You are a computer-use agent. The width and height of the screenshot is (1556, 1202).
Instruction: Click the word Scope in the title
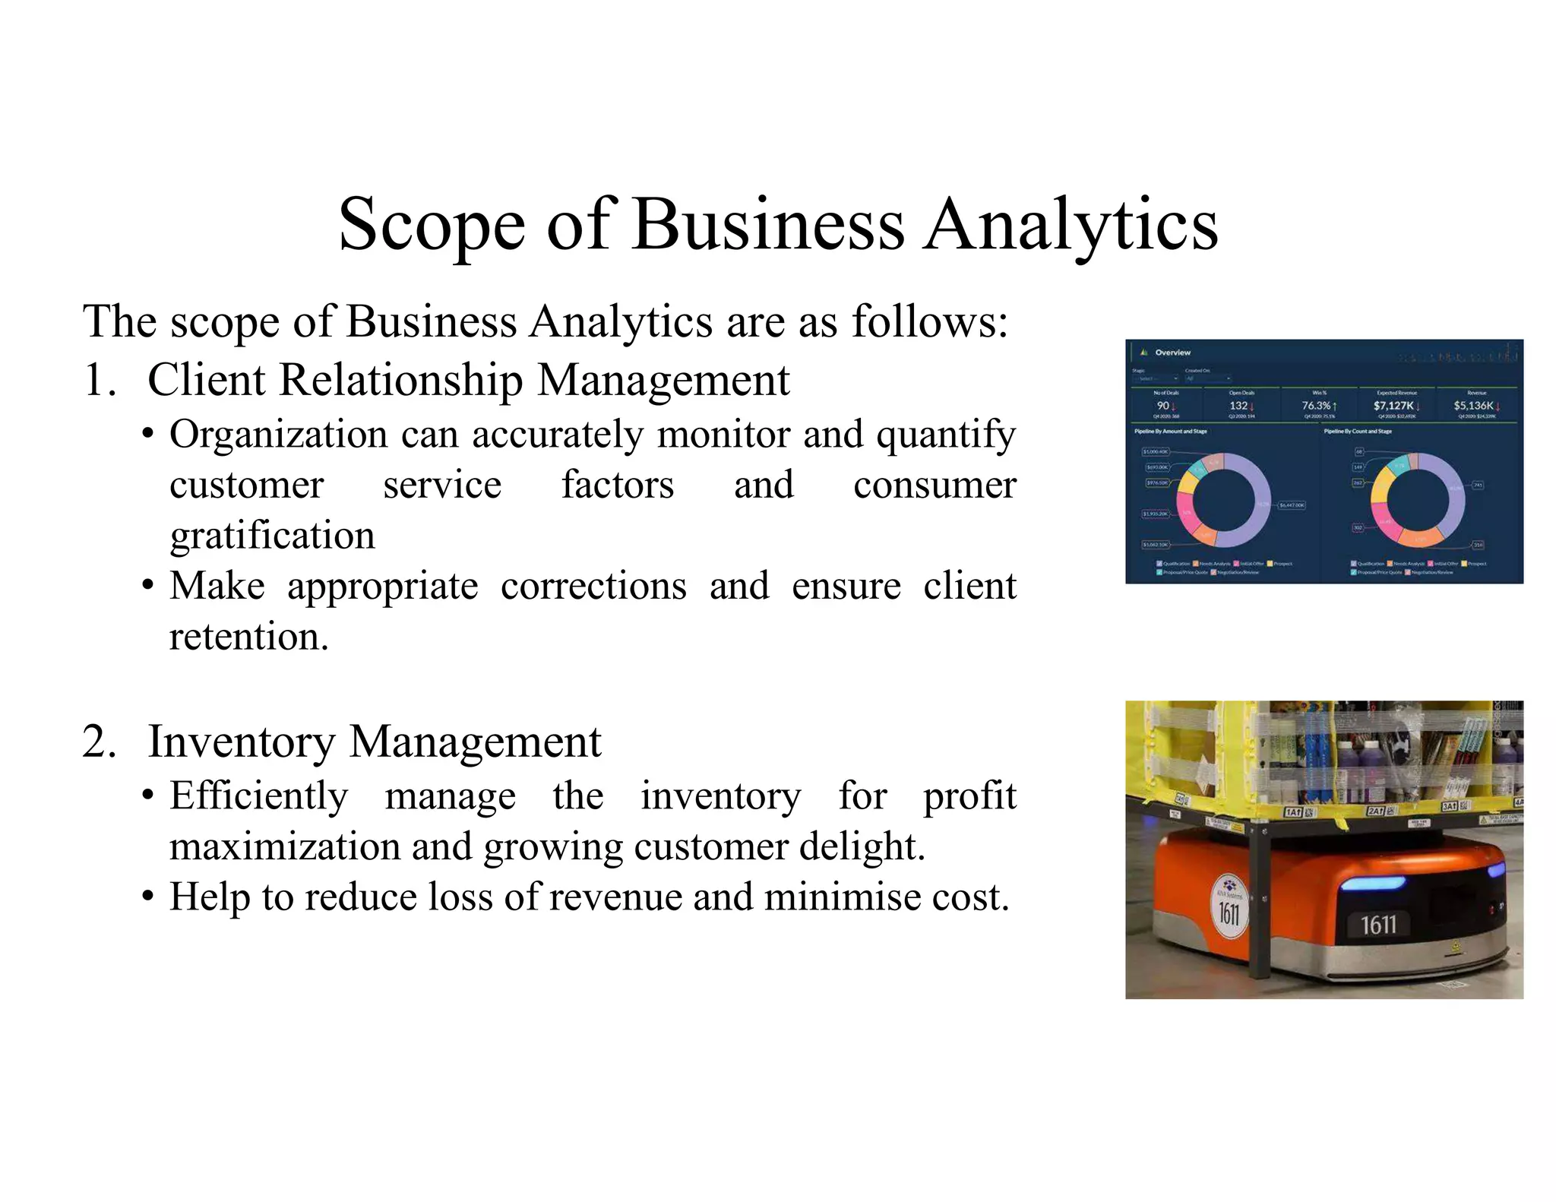432,225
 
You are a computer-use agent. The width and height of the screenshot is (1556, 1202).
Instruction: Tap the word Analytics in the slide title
1071,225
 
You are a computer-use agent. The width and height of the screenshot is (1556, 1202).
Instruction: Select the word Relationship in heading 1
400,380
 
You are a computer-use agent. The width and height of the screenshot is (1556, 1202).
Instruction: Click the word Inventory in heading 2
241,742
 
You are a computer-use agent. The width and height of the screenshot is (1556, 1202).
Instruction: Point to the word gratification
272,536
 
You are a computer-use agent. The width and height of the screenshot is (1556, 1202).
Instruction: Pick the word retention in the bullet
248,637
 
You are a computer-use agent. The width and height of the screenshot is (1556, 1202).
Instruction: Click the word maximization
283,846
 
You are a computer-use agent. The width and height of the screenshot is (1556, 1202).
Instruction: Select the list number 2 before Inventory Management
99,742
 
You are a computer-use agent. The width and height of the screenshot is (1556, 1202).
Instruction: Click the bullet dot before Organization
148,435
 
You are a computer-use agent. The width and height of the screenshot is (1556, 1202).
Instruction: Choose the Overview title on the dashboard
1172,353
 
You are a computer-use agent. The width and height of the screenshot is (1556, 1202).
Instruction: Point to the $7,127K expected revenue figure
1393,406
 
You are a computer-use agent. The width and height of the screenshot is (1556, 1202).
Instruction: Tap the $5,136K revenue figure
1473,406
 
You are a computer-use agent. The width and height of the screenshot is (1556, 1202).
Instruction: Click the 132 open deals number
1238,406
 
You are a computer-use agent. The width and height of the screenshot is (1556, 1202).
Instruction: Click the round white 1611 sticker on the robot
1229,904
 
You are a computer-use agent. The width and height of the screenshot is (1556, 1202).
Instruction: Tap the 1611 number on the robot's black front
1377,925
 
